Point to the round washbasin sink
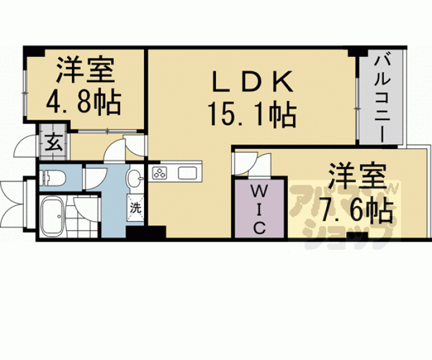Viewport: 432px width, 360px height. click(135, 180)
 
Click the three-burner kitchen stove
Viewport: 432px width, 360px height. click(159, 173)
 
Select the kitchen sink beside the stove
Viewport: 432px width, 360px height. click(188, 173)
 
